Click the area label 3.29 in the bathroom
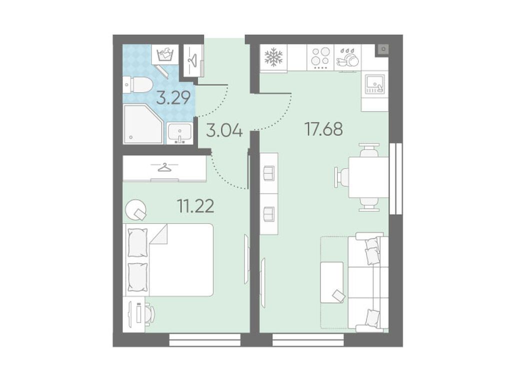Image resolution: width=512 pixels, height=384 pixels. coord(173,97)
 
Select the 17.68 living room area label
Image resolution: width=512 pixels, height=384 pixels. coord(323,129)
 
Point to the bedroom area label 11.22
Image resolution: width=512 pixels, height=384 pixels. coord(195,206)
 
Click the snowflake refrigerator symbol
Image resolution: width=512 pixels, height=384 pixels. coord(273,57)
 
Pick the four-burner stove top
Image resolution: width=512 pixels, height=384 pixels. coord(320,58)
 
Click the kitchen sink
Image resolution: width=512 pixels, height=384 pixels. coord(374,84)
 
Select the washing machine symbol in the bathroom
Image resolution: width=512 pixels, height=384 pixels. coord(165,54)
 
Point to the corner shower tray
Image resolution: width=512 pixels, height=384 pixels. coord(142,124)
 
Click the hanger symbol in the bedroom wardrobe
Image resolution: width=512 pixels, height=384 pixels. coord(165,167)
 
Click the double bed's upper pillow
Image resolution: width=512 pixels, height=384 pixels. coord(137,242)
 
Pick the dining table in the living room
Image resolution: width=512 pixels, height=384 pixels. coord(368,177)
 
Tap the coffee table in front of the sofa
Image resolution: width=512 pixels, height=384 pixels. coord(332,282)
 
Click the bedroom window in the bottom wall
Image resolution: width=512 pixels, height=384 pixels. coord(205,339)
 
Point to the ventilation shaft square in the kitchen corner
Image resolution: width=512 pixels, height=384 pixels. coord(383,49)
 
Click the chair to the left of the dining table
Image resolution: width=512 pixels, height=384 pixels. coord(341,177)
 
